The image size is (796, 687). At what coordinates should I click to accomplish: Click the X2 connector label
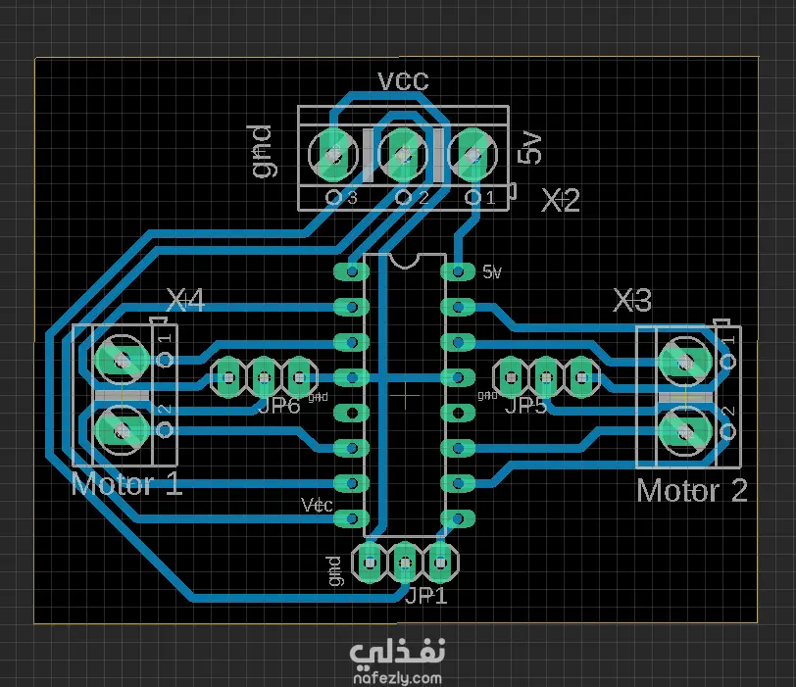[x=562, y=201]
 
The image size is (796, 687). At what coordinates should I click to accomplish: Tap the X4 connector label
[x=185, y=301]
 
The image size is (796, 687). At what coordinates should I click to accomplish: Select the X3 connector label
[x=632, y=300]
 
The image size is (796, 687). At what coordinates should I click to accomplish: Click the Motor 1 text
[x=126, y=483]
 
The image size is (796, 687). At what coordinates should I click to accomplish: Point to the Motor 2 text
[x=691, y=490]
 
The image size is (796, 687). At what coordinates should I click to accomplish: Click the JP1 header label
[x=426, y=595]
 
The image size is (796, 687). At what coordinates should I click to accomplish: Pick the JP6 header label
[x=278, y=405]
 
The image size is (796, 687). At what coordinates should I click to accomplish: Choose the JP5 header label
[x=526, y=405]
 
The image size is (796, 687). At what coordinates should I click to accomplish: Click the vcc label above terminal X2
[x=403, y=80]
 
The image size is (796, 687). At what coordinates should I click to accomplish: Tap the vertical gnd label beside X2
[x=261, y=151]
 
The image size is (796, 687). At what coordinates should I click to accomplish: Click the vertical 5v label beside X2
[x=530, y=151]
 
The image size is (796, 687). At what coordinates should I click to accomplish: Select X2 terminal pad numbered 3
[x=334, y=154]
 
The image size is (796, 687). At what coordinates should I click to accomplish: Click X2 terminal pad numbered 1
[x=473, y=154]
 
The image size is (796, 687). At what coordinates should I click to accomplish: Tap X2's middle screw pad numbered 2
[x=403, y=154]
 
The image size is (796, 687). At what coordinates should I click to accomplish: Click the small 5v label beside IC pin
[x=492, y=272]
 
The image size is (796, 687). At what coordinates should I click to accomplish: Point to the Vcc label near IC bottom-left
[x=317, y=505]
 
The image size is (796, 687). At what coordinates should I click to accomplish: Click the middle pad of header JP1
[x=404, y=563]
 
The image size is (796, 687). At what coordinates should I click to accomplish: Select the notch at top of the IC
[x=403, y=260]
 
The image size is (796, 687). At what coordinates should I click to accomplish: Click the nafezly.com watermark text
[x=396, y=676]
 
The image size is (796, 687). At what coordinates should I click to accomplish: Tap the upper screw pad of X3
[x=682, y=360]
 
